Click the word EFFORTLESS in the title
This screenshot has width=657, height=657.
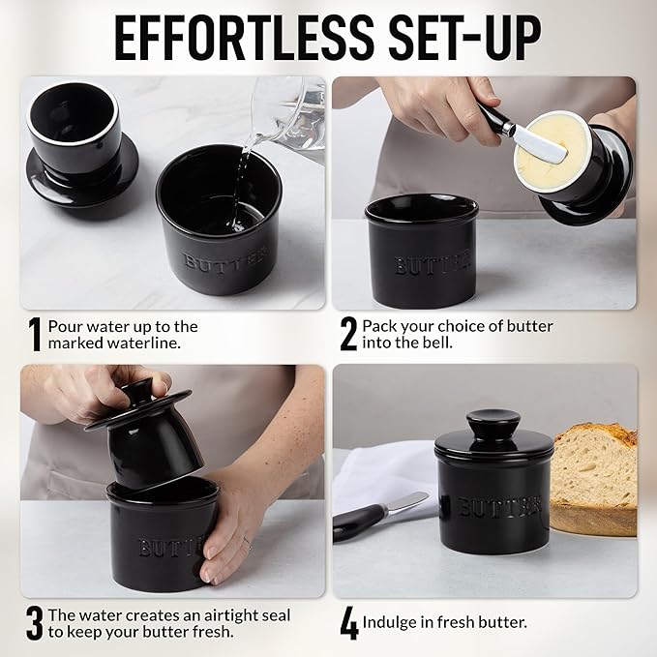click(x=244, y=39)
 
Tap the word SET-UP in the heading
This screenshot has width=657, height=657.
click(x=465, y=39)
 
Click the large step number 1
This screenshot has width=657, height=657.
click(x=35, y=335)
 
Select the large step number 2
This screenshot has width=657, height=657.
click(x=348, y=335)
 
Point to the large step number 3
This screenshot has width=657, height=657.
click(x=35, y=623)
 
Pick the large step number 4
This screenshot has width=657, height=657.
click(x=349, y=623)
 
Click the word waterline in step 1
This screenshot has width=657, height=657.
click(x=143, y=343)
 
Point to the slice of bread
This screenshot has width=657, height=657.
click(x=595, y=478)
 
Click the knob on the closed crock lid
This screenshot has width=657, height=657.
click(x=493, y=424)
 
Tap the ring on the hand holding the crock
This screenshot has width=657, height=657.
click(x=248, y=544)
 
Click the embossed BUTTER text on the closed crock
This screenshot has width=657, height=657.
click(x=498, y=506)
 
